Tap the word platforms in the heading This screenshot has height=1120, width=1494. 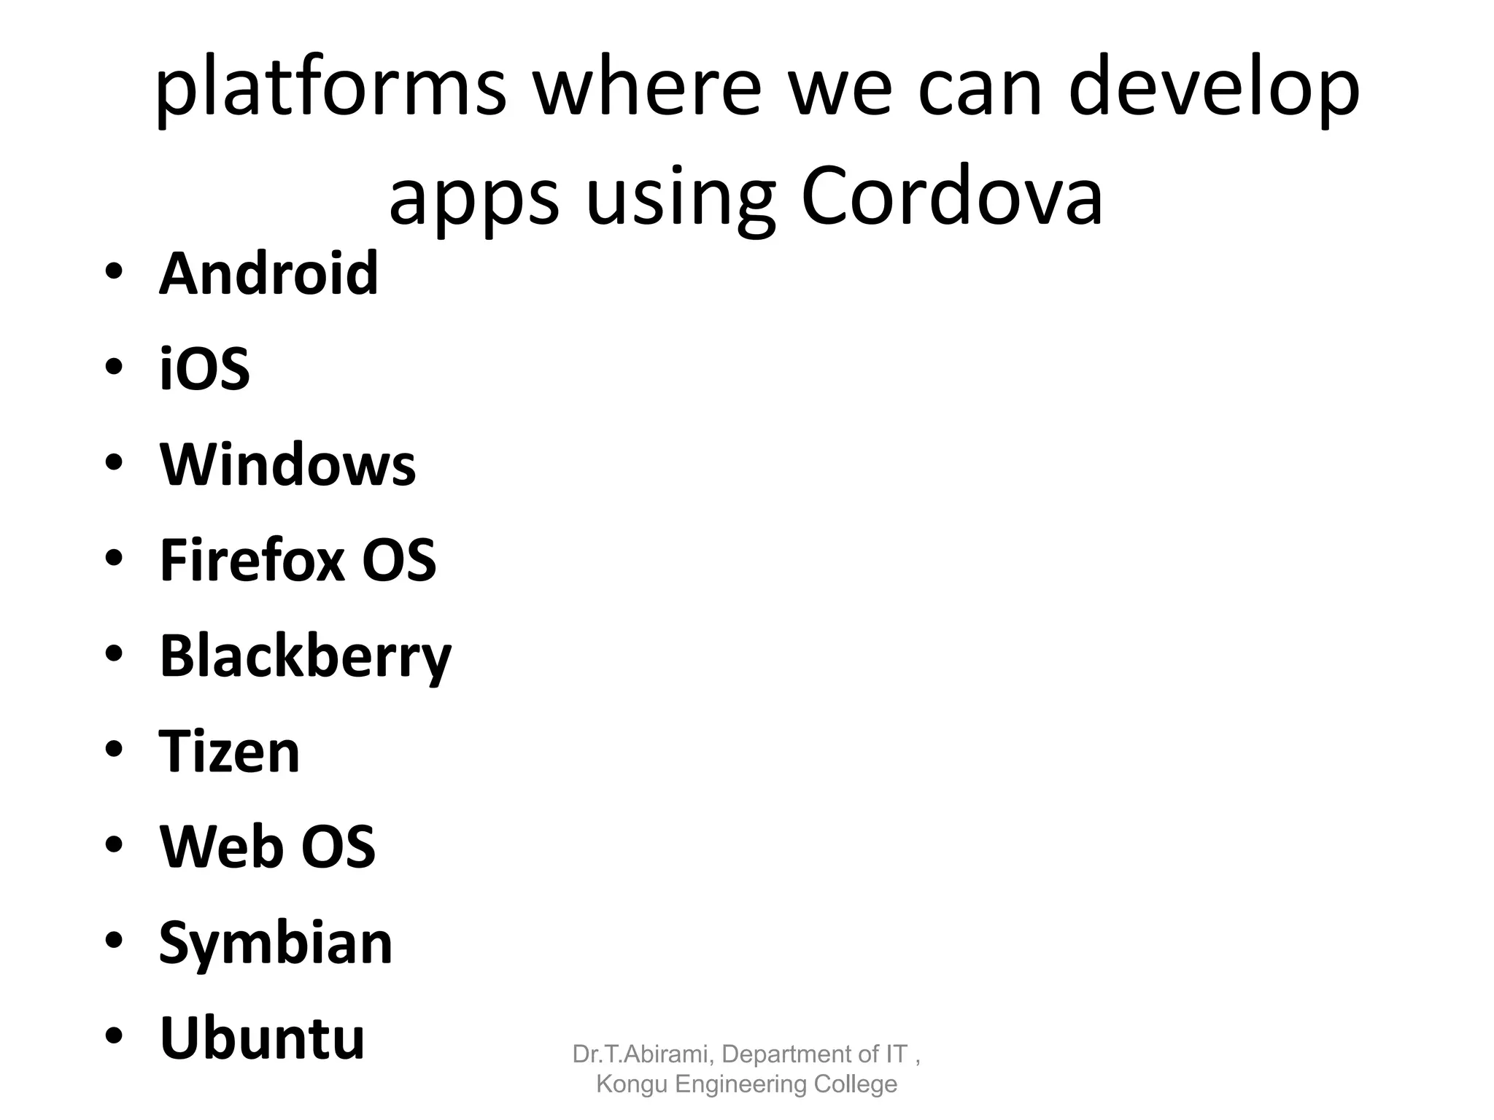coord(330,89)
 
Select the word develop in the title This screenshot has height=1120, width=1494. coord(1214,89)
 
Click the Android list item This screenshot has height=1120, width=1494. coord(268,274)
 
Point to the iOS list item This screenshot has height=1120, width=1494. coord(205,369)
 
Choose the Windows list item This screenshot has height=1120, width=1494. coord(287,464)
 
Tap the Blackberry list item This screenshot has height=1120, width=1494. coord(306,656)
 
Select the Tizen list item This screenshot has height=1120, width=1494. coord(229,752)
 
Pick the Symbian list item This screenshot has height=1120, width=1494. coord(276,944)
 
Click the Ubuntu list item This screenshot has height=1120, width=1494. coord(262,1038)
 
